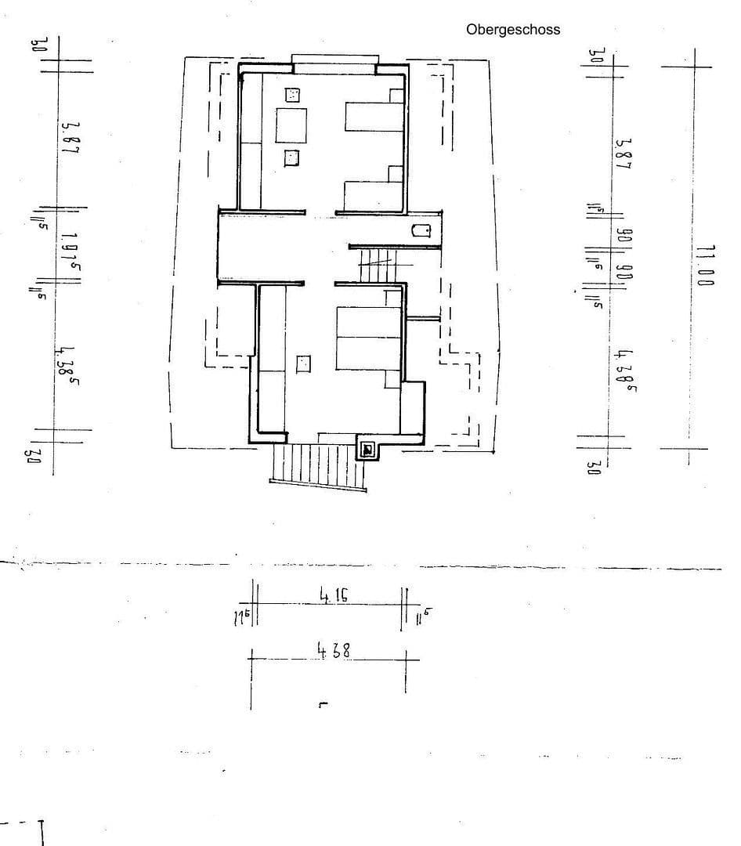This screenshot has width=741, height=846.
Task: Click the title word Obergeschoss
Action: (513, 30)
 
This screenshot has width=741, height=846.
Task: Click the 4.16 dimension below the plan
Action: (334, 596)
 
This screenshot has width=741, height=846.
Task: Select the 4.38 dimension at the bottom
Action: (333, 650)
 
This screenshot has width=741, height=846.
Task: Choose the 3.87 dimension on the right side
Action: (624, 155)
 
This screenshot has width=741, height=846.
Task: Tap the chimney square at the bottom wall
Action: (367, 450)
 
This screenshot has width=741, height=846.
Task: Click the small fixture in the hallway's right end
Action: (421, 231)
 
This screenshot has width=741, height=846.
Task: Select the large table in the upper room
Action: (291, 125)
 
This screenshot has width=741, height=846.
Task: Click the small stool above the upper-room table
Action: (293, 95)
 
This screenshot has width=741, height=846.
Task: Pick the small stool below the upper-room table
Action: (291, 157)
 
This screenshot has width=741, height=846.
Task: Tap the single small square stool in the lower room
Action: (303, 363)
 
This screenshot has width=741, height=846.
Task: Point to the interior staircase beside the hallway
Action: (379, 262)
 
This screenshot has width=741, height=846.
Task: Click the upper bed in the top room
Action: (373, 117)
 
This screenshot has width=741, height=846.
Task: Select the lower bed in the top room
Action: (373, 194)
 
